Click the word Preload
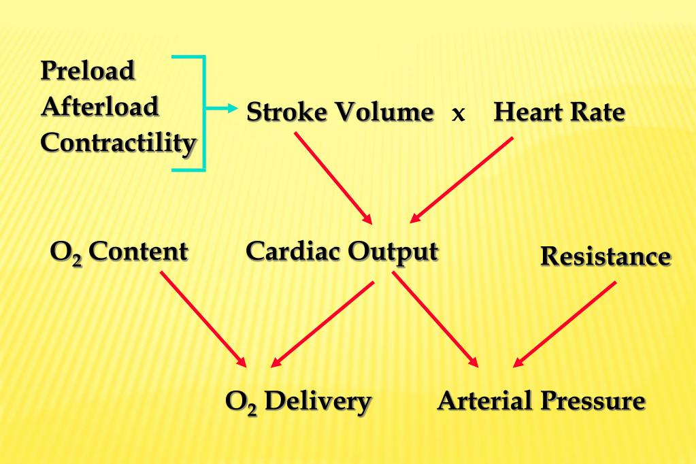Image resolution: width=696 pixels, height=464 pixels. (x=88, y=71)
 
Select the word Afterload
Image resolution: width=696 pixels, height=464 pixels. (x=99, y=107)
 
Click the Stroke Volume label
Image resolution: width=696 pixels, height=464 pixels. (x=339, y=112)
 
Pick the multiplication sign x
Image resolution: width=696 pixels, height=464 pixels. (x=459, y=114)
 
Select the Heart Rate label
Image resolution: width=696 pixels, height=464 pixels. (x=559, y=112)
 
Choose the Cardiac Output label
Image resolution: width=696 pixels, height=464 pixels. (x=342, y=252)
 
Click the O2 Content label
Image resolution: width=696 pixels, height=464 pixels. (x=119, y=252)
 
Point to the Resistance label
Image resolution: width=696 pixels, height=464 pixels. (x=605, y=256)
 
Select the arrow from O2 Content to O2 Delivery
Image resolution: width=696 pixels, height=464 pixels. (x=203, y=318)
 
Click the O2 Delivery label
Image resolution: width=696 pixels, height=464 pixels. (x=298, y=401)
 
